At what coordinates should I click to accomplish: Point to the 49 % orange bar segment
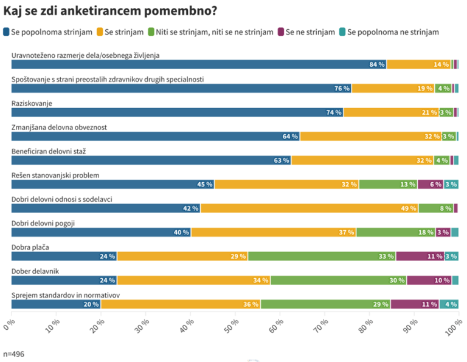[x=310, y=208]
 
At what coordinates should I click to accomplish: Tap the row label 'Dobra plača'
[x=30, y=247]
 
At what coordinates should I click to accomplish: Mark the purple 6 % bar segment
[x=430, y=184]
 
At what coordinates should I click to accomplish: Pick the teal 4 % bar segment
[x=449, y=304]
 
